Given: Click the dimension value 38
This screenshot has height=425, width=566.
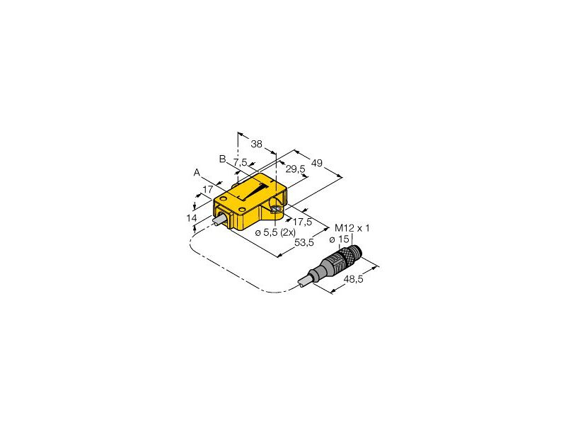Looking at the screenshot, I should point(257,144).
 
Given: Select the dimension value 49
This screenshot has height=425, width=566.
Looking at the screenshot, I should point(317,164).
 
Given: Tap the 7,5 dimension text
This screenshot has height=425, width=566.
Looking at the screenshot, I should point(240,163).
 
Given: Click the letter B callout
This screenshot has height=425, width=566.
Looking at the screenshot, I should point(222,159).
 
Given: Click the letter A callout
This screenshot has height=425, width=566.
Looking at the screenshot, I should point(197,172).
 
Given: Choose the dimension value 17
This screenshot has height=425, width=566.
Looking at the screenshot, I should point(208,189).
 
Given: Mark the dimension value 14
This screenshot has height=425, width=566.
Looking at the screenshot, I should point(192,218).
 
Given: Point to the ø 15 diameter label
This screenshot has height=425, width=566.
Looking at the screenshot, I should point(343,239).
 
